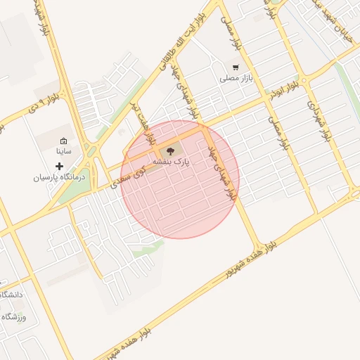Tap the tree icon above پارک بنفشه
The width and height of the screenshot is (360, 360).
pyautogui.click(x=169, y=150)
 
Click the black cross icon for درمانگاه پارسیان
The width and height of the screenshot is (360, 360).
pyautogui.click(x=59, y=166)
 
